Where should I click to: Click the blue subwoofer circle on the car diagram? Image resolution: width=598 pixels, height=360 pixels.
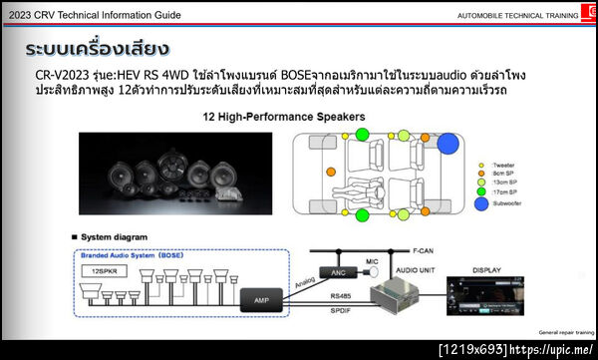447,144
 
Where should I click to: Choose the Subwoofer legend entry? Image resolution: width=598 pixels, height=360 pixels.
511,202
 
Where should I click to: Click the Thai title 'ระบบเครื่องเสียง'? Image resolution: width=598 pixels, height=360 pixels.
97,49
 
